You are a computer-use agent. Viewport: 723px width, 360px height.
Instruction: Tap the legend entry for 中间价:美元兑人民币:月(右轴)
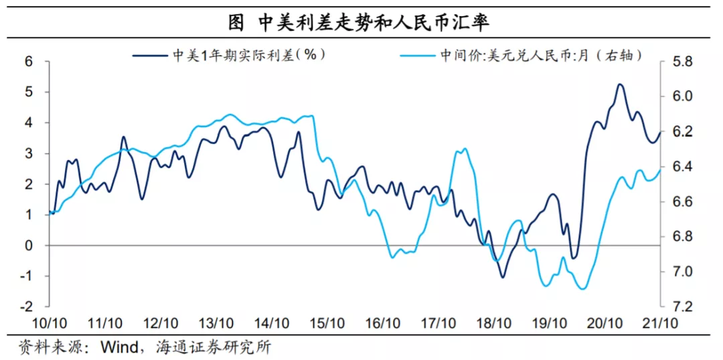542,56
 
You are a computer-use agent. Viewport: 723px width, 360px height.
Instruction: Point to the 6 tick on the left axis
29,62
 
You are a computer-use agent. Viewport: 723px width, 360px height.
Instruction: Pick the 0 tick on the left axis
29,246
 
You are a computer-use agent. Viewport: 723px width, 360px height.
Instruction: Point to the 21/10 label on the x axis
659,323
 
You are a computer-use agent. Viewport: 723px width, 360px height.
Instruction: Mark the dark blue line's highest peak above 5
619,84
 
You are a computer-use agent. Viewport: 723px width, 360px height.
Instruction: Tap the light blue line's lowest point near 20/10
582,289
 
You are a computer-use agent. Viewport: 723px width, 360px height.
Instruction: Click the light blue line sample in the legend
418,56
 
